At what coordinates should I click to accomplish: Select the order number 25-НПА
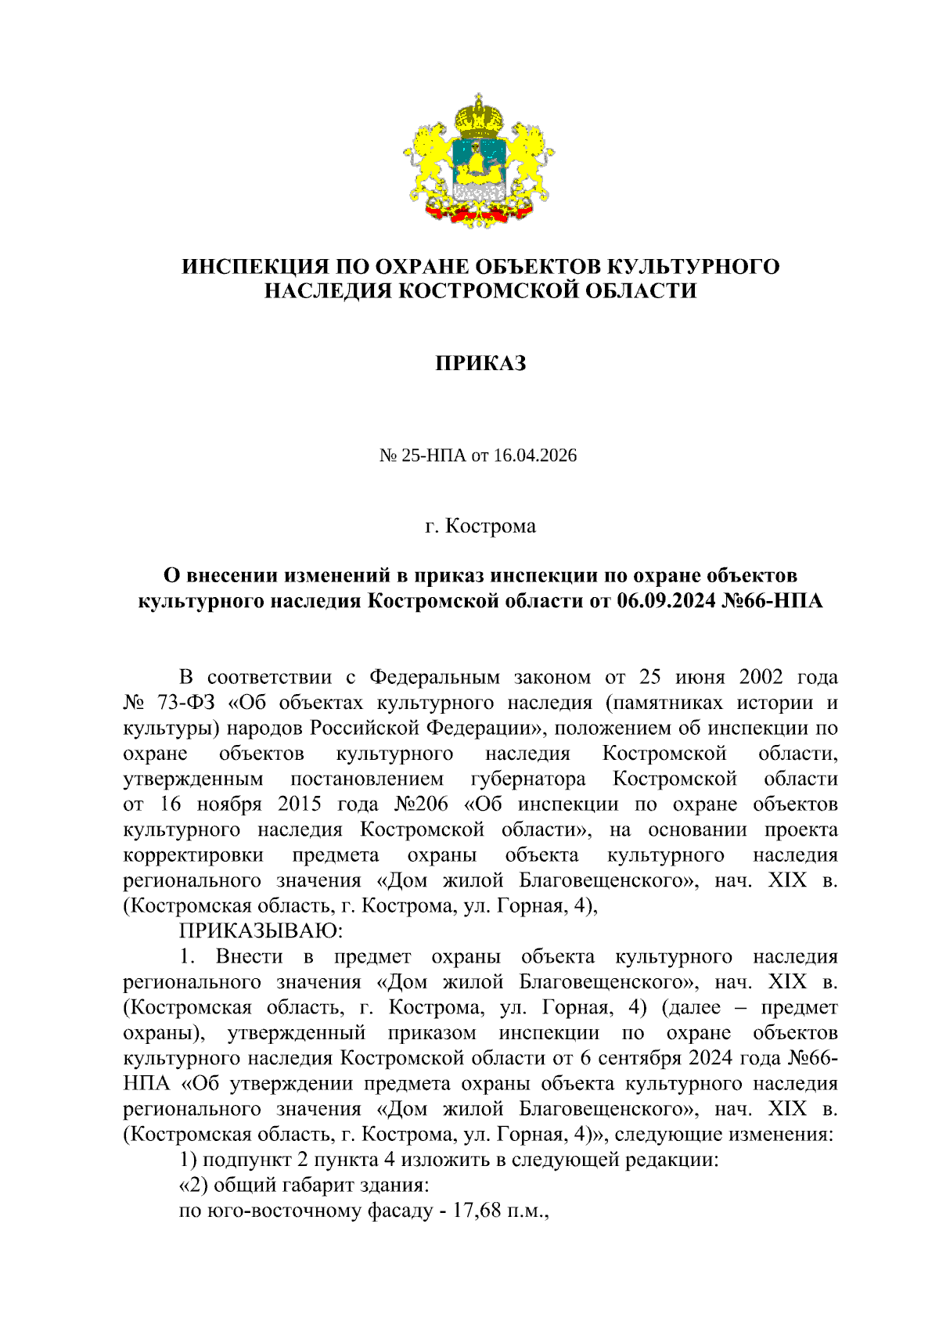[x=434, y=455]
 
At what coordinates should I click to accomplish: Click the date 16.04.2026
[x=535, y=455]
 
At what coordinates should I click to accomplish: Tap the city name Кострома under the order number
[x=491, y=526]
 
